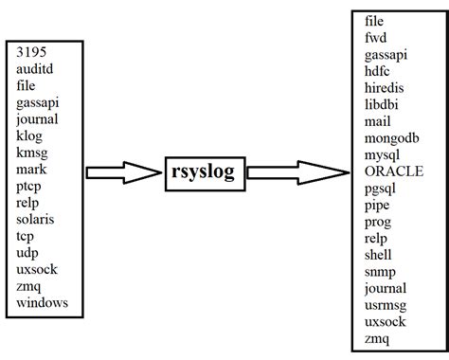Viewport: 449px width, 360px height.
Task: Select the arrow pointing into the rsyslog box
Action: (x=123, y=172)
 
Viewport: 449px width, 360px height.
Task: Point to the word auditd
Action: (x=37, y=69)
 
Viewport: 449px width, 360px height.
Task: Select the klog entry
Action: (x=31, y=135)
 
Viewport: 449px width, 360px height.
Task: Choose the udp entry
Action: (x=28, y=252)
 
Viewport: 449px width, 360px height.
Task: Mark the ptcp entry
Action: (x=31, y=186)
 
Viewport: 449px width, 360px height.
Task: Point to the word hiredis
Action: (x=386, y=87)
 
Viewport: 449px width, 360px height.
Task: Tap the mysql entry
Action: (x=384, y=154)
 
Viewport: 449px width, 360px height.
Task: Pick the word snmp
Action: (x=381, y=271)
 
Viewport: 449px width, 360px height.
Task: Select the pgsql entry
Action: (x=383, y=188)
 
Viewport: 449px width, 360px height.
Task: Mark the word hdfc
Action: (x=379, y=71)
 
